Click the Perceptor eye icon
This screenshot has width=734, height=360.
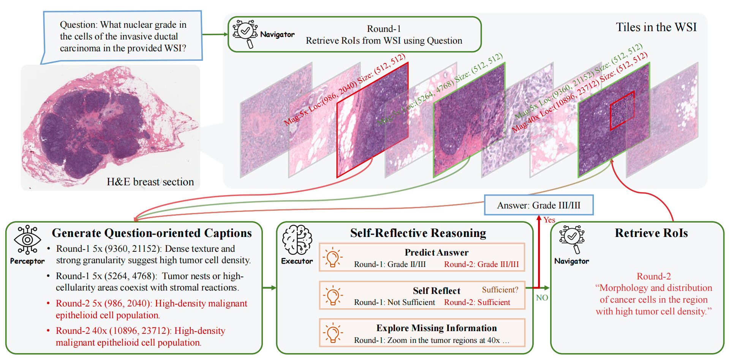click(x=27, y=240)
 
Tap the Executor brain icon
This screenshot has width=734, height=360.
click(x=297, y=240)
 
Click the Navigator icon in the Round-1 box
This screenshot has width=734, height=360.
click(x=245, y=33)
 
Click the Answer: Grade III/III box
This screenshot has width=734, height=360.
click(x=539, y=205)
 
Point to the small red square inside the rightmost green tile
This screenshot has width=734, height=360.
click(x=622, y=111)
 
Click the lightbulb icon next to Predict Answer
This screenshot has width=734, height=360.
click(x=332, y=257)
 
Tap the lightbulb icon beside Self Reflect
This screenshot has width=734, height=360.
click(x=332, y=295)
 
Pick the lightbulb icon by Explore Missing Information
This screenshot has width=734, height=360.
click(x=332, y=333)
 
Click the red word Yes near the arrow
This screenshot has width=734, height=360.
click(x=549, y=220)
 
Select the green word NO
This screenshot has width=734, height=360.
click(x=542, y=298)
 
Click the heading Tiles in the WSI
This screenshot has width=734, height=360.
click(x=656, y=27)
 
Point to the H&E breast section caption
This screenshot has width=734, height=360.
click(x=150, y=182)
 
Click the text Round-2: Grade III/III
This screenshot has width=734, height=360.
click(x=481, y=264)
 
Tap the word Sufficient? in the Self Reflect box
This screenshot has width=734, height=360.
click(x=500, y=290)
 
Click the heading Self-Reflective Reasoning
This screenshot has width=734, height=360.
click(x=418, y=233)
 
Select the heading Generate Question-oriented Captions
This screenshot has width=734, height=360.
click(x=152, y=233)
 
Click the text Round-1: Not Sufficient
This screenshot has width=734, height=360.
click(x=394, y=302)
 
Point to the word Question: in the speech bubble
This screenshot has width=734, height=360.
click(x=78, y=25)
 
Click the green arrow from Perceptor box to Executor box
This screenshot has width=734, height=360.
click(x=269, y=287)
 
